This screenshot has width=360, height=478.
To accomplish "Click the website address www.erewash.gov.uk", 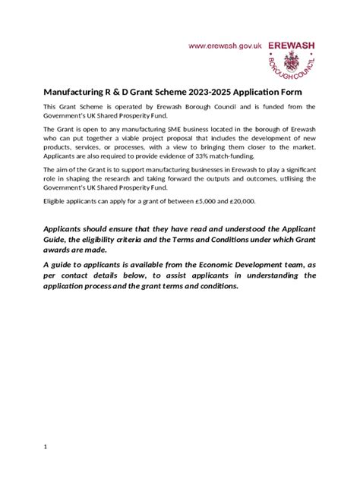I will (x=226, y=46).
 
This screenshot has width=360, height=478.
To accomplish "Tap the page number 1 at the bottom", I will (x=46, y=447).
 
